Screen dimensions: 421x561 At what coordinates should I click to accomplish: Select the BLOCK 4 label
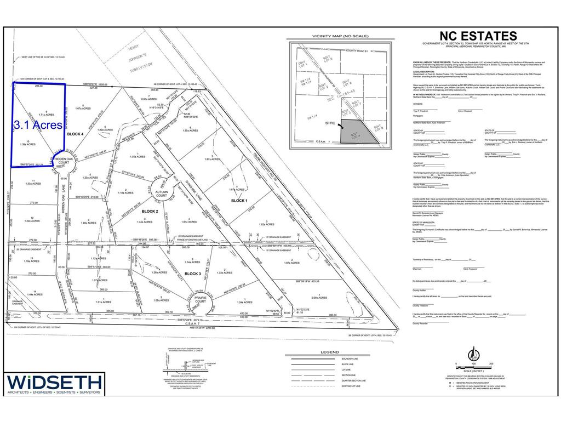75,134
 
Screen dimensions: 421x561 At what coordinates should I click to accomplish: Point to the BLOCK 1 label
239,201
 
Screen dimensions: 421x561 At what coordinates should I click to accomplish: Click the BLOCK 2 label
150,211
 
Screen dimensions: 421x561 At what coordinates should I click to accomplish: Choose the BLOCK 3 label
193,273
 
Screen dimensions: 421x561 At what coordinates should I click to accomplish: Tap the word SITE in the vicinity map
329,124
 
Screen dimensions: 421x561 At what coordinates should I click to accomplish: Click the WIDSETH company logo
54,384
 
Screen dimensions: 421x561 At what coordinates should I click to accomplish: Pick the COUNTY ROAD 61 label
359,50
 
